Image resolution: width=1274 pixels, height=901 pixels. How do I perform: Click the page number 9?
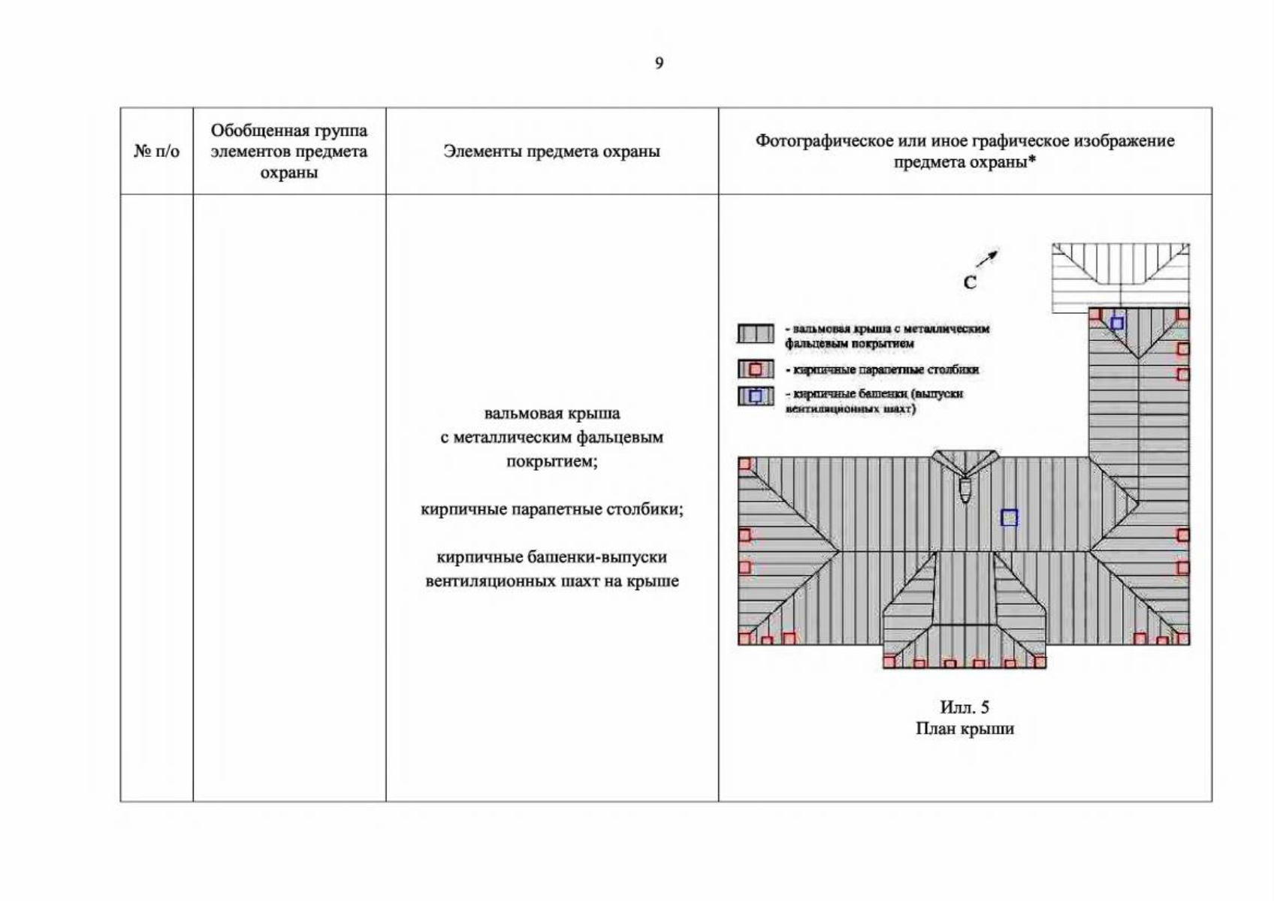coord(660,63)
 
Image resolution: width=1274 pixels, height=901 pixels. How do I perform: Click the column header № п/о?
coord(156,151)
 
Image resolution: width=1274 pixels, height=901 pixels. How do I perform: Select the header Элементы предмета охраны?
coord(551,151)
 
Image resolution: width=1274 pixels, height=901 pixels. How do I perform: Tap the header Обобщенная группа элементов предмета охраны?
coord(289,151)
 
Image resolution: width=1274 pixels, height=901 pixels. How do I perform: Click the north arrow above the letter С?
coord(987,258)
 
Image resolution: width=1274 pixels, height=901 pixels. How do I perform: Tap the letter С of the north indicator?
coord(970,282)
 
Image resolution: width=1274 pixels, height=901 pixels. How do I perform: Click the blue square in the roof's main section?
coord(1009,518)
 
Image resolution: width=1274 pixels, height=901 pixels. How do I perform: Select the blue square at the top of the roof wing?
coord(1117,323)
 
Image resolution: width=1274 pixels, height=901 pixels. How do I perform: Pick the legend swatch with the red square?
coord(756,369)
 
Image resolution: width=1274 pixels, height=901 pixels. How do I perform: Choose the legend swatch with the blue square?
coord(756,396)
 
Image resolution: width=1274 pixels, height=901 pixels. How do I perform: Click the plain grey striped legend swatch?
coord(756,333)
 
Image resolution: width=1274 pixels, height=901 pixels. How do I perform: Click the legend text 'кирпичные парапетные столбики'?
coord(886,370)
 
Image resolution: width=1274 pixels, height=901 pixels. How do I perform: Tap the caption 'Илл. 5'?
coord(965,707)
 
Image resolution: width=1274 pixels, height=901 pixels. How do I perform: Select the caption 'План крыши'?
coord(965,729)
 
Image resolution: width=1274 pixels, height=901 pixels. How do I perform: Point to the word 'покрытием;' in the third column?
coord(551,461)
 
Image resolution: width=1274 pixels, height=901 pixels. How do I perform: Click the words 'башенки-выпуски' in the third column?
coord(597,557)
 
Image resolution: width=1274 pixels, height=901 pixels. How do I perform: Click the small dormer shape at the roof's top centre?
coord(965,476)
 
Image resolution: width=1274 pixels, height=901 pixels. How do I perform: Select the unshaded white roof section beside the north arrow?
coord(1121,277)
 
